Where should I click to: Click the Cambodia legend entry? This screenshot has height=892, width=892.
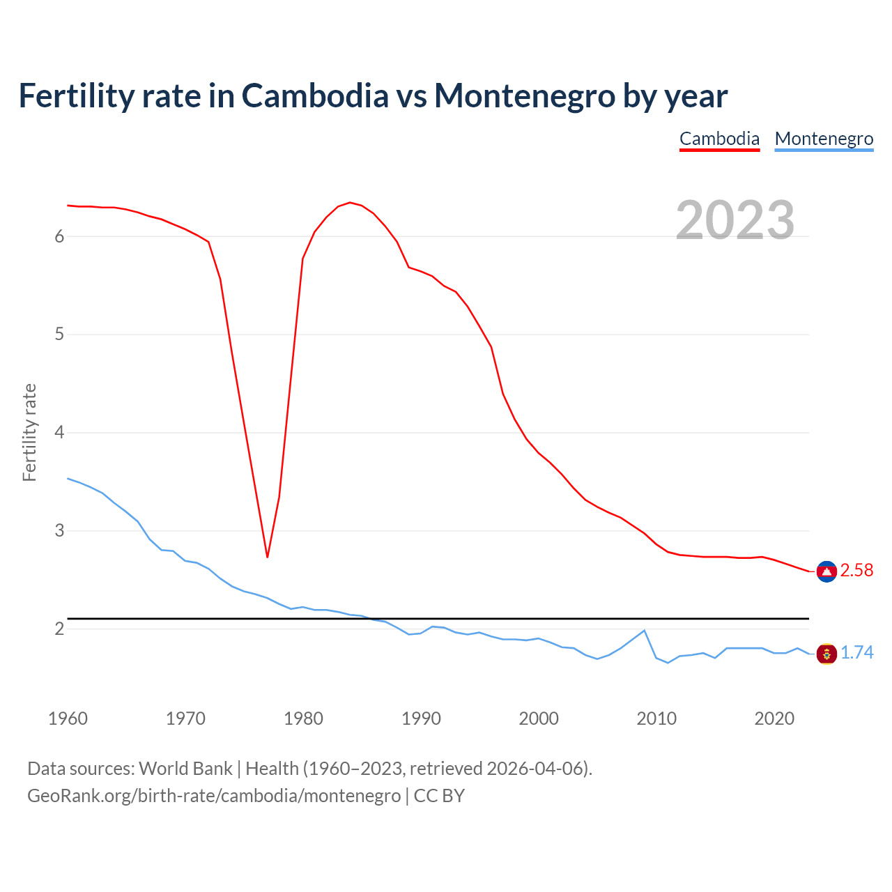719,139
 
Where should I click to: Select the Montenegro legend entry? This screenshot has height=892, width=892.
824,139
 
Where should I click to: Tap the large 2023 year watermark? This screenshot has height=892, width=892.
735,220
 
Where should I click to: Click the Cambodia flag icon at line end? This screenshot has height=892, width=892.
826,571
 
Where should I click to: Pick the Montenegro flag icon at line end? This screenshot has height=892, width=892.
826,654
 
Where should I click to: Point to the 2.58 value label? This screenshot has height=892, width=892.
856,571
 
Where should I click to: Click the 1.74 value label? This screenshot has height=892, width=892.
856,653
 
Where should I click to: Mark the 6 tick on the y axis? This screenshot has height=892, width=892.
59,237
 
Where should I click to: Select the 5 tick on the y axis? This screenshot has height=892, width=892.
59,334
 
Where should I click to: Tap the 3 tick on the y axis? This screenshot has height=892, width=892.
59,531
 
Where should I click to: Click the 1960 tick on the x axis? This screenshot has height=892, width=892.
68,718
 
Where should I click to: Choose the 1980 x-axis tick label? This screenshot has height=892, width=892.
303,718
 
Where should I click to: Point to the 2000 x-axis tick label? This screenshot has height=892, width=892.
539,718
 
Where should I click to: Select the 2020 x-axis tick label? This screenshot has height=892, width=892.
774,718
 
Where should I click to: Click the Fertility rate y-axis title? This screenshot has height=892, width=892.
29,432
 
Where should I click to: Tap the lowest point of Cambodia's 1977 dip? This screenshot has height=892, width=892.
267,557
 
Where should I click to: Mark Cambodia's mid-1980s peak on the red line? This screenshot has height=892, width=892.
350,203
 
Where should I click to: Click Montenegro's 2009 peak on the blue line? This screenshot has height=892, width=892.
644,631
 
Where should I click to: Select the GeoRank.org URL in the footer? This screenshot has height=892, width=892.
214,796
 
